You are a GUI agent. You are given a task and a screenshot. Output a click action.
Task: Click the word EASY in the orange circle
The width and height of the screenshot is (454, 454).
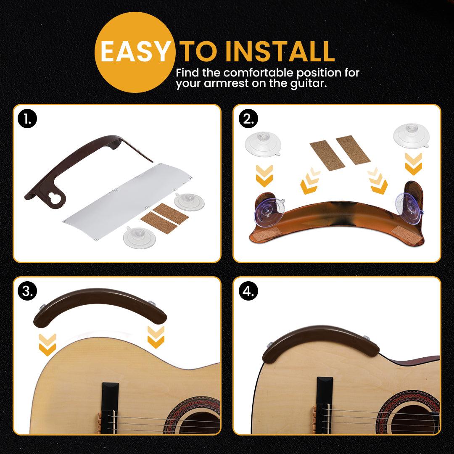pyautogui.click(x=135, y=51)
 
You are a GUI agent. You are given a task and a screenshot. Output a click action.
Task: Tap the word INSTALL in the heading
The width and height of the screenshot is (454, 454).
pyautogui.click(x=280, y=51)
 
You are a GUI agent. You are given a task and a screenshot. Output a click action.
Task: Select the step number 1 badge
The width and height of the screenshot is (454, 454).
pyautogui.click(x=27, y=119)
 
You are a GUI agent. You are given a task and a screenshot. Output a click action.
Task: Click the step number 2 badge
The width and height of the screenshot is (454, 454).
pyautogui.click(x=248, y=119)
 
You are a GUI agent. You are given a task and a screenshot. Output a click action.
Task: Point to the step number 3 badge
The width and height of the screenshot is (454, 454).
pyautogui.click(x=27, y=291)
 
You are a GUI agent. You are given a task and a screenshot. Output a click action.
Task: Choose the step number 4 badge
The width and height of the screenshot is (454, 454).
pyautogui.click(x=248, y=291)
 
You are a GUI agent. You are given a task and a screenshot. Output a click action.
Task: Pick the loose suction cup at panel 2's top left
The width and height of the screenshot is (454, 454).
pyautogui.click(x=263, y=144)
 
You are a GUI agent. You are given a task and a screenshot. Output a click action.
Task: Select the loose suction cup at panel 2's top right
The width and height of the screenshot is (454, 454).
pyautogui.click(x=412, y=136)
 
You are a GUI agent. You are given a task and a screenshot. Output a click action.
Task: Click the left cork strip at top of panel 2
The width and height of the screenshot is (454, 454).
pyautogui.click(x=327, y=155)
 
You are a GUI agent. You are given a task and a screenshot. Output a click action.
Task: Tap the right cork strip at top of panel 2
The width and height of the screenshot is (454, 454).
pyautogui.click(x=353, y=150)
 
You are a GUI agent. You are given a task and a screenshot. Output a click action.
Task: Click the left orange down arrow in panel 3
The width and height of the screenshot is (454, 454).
pyautogui.click(x=47, y=345)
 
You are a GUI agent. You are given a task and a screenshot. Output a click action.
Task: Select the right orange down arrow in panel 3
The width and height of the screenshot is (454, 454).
pyautogui.click(x=156, y=337)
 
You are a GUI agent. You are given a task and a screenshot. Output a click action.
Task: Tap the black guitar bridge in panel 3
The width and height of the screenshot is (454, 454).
pyautogui.click(x=110, y=408)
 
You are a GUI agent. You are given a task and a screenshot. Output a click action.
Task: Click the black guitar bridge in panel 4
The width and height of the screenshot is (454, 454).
pyautogui.click(x=324, y=405)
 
